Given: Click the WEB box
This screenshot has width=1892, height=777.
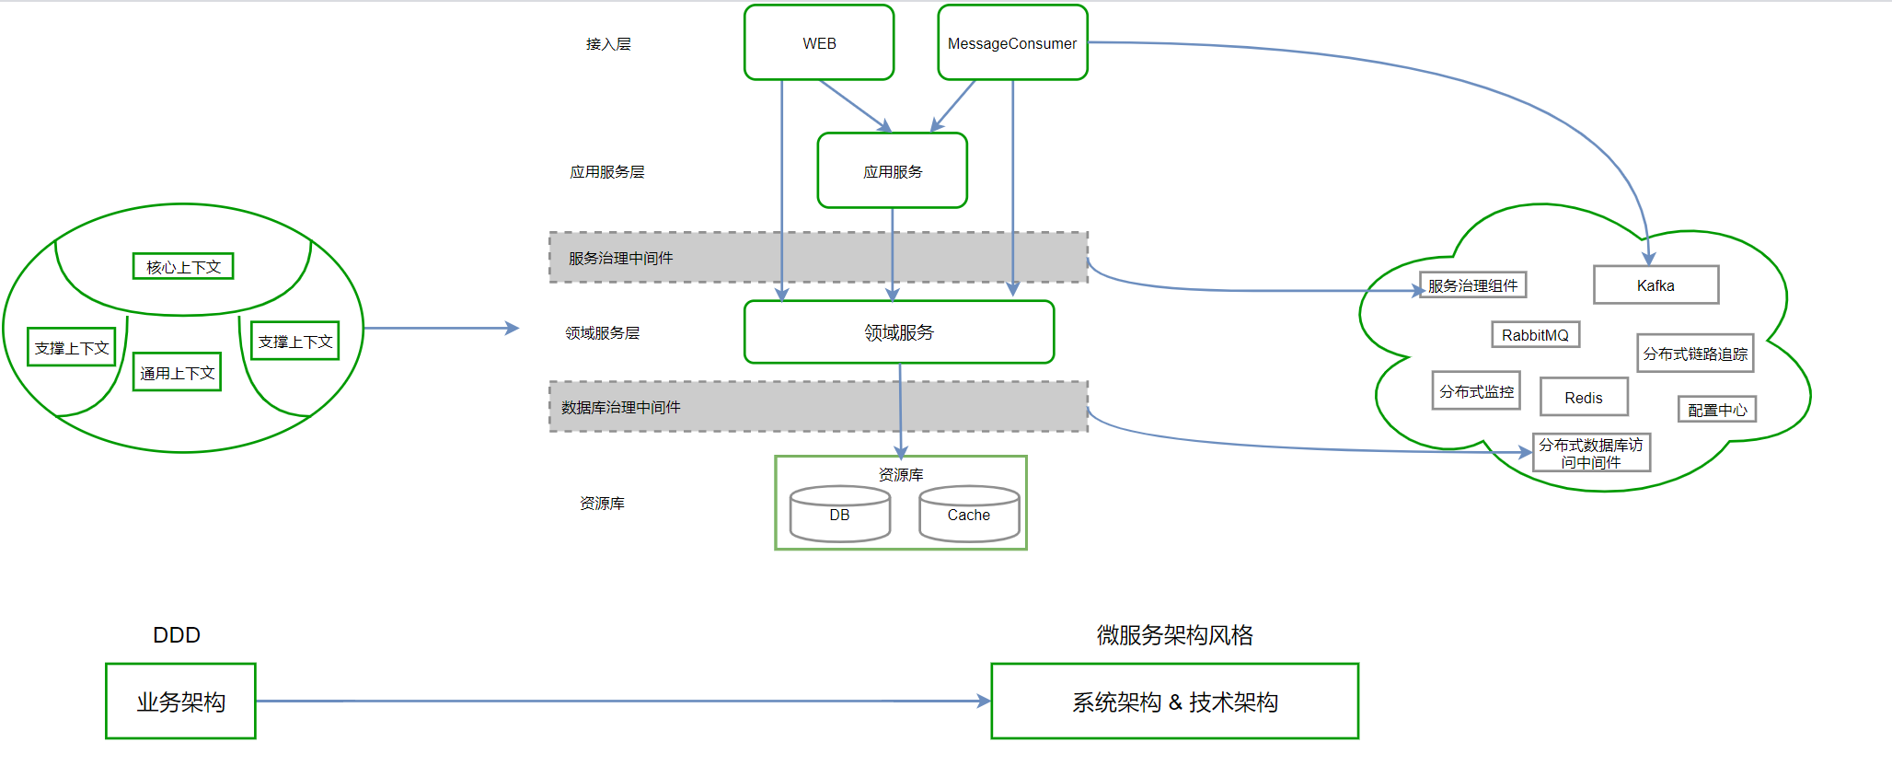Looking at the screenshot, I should pyautogui.click(x=818, y=43).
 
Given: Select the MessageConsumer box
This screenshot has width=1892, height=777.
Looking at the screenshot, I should pyautogui.click(x=1012, y=43).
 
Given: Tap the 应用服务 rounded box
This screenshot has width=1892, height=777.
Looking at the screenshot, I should pyautogui.click(x=892, y=171).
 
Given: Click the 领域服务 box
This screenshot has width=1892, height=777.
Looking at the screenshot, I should pyautogui.click(x=898, y=332).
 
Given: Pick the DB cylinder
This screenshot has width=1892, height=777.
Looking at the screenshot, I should pyautogui.click(x=839, y=515).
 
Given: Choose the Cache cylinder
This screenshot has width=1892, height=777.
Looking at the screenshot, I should pyautogui.click(x=969, y=515).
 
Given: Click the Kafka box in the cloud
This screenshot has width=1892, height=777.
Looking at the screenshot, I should pyautogui.click(x=1655, y=285).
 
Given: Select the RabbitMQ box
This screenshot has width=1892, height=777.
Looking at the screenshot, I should pyautogui.click(x=1535, y=335).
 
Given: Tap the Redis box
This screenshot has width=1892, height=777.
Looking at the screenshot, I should pyautogui.click(x=1583, y=398).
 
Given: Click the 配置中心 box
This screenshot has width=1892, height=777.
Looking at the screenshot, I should pyautogui.click(x=1716, y=410).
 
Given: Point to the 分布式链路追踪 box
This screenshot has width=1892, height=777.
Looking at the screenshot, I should pyautogui.click(x=1695, y=354).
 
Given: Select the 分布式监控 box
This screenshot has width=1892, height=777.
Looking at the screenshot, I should pyautogui.click(x=1476, y=391).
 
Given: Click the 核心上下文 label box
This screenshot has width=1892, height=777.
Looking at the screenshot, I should pyautogui.click(x=183, y=267).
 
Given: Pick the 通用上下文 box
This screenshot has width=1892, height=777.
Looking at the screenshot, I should pyautogui.click(x=177, y=373).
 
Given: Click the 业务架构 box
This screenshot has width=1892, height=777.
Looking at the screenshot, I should pyautogui.click(x=180, y=702).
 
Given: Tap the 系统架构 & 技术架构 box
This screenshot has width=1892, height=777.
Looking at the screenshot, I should pyautogui.click(x=1174, y=702).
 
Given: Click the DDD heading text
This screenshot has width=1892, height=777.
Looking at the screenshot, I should pyautogui.click(x=176, y=635).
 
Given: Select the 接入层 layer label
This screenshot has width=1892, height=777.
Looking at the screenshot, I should pyautogui.click(x=608, y=44).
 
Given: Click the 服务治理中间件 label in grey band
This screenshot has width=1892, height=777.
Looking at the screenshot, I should pyautogui.click(x=620, y=259).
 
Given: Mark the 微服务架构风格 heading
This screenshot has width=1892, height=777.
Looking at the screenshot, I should pyautogui.click(x=1174, y=635).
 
